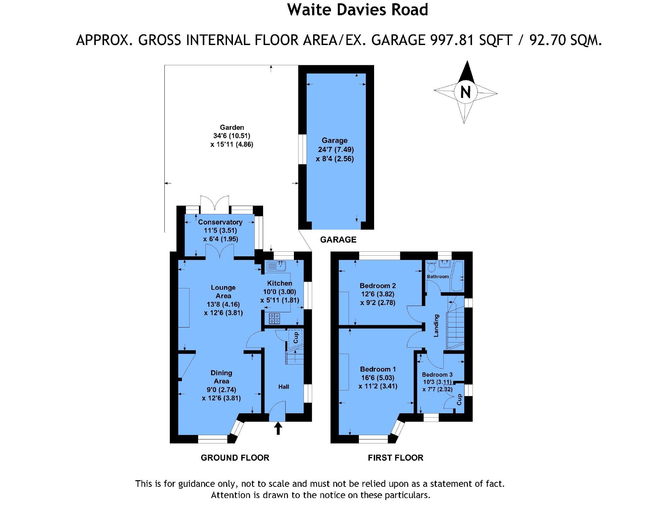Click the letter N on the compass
[x=466, y=92]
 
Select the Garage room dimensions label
[x=335, y=150]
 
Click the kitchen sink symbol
[x=276, y=266]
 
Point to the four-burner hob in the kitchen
[x=274, y=319]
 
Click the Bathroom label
[x=438, y=277]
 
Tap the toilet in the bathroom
[x=432, y=267]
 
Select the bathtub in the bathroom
[x=458, y=276]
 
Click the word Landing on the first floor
[x=436, y=326]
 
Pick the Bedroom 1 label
[x=378, y=369]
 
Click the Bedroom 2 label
[x=378, y=286]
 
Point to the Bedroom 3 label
[x=437, y=375]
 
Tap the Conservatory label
[x=220, y=222]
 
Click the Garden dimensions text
[x=232, y=140]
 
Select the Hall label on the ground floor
[x=284, y=387]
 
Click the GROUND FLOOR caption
[x=235, y=458]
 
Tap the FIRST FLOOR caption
[x=396, y=458]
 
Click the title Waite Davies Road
[x=358, y=10]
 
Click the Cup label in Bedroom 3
[x=459, y=400]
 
